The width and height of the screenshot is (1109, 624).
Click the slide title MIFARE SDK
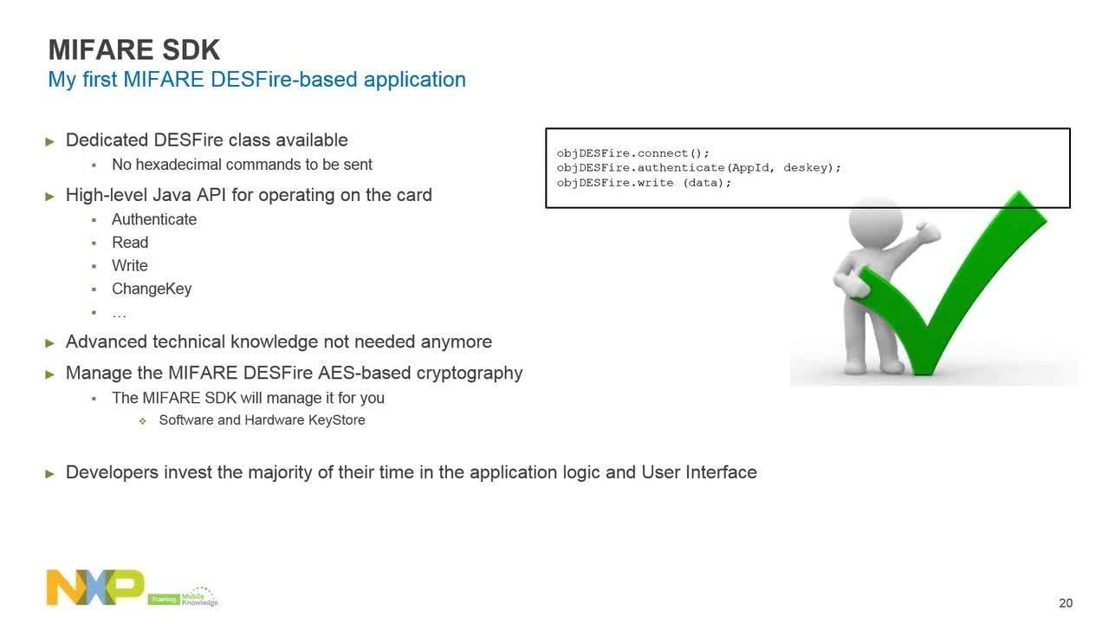[133, 49]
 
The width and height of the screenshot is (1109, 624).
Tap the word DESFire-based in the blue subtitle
[283, 79]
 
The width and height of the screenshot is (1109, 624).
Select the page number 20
[1066, 602]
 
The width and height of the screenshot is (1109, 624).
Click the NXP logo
[95, 587]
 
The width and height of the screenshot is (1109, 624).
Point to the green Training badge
[164, 599]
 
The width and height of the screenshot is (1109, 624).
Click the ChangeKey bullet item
[152, 289]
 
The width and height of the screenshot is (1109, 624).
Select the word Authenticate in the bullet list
[154, 219]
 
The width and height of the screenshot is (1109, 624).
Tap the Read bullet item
[130, 242]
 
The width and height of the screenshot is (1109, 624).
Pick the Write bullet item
[130, 265]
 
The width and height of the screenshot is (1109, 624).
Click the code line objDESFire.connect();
[632, 153]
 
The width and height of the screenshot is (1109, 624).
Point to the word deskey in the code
[805, 168]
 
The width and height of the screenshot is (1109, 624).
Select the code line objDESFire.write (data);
[644, 183]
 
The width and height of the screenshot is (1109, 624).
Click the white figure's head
[875, 223]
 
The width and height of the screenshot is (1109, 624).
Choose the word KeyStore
[337, 420]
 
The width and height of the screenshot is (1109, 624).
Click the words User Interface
[699, 472]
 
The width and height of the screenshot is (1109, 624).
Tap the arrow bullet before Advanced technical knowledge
[49, 343]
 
